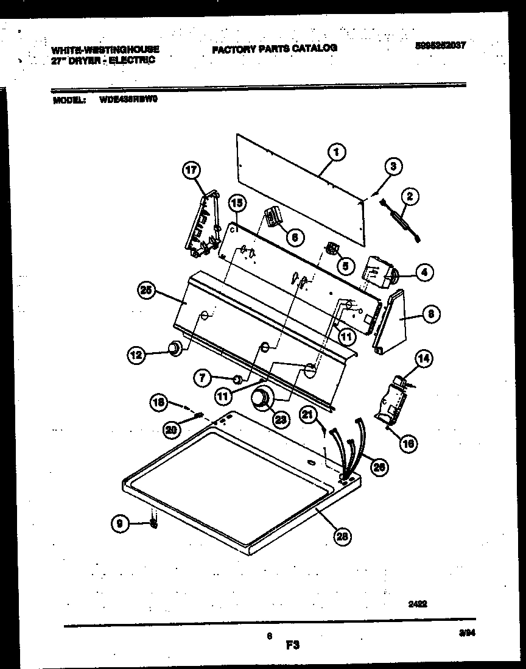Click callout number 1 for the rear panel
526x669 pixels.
(x=335, y=152)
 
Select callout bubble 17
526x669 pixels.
(x=192, y=172)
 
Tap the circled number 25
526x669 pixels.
(x=146, y=291)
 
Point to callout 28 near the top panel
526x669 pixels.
(x=343, y=536)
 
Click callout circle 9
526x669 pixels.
(x=121, y=523)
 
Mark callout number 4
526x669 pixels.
(x=424, y=274)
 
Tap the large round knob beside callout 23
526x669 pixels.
(x=262, y=398)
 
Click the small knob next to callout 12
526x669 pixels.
(x=175, y=348)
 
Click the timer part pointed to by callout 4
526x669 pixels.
(x=379, y=272)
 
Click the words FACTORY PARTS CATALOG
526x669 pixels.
(x=274, y=48)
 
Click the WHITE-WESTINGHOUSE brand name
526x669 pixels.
(x=105, y=50)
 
